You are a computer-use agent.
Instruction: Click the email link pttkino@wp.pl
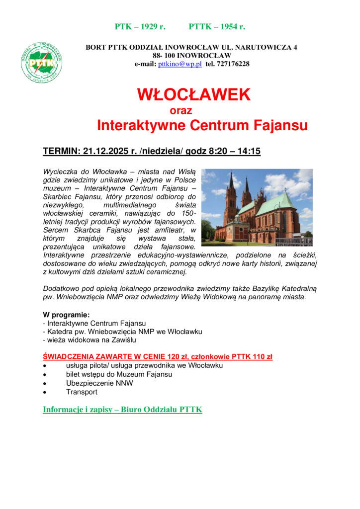click(180, 64)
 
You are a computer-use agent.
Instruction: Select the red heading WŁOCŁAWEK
click(194, 94)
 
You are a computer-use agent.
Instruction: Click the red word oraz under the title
click(180, 110)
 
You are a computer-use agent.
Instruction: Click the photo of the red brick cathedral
click(257, 207)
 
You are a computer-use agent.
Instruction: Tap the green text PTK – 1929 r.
click(140, 26)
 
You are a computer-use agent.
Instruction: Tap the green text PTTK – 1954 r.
click(217, 26)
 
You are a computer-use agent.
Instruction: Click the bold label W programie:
click(66, 315)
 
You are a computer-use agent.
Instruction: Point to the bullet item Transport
click(82, 392)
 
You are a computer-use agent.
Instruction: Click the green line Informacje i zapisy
click(122, 410)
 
